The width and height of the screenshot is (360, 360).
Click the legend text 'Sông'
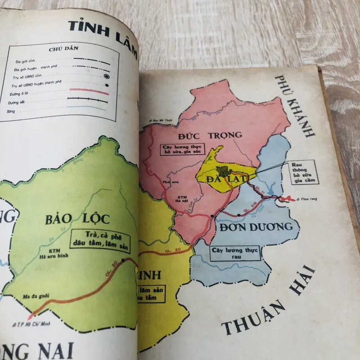11,111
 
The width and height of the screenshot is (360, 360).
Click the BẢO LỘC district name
77,219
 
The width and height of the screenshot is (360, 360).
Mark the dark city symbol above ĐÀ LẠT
222,170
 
